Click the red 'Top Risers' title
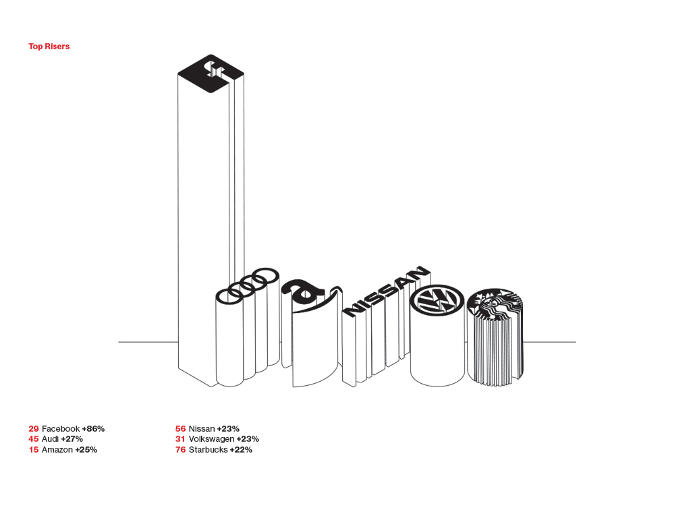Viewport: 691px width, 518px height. coord(49,47)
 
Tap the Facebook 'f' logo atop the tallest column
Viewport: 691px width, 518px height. coord(211,74)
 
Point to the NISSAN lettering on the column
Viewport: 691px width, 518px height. coord(387,291)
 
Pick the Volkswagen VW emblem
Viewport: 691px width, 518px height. coord(437,300)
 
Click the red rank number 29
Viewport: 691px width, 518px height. coord(34,428)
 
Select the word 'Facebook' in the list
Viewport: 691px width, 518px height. coord(61,428)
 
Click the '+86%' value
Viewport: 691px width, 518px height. coord(93,428)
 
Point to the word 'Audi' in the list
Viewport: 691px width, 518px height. coord(50,439)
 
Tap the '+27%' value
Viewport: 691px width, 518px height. coord(72,439)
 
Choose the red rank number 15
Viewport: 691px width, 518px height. coord(34,450)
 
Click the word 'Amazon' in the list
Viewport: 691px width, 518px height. coord(57,450)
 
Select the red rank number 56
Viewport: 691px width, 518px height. coord(180,428)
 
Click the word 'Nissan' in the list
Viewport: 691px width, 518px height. coord(202,428)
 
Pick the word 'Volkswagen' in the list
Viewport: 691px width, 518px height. coord(211,439)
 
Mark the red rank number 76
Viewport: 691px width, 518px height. coord(180,450)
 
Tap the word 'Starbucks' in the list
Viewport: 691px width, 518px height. coord(208,450)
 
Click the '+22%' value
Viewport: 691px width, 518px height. coord(241,450)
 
